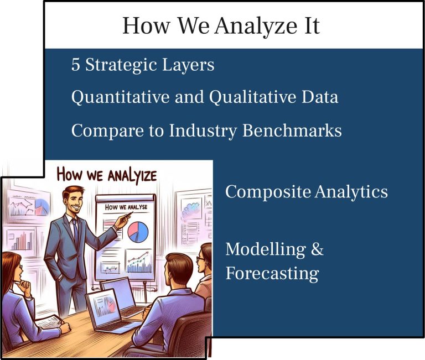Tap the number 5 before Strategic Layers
point(76,65)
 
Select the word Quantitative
point(120,97)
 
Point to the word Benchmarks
point(292,131)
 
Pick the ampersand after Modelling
point(317,249)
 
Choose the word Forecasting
point(272,273)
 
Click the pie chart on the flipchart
point(138,232)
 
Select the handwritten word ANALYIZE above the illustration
point(132,176)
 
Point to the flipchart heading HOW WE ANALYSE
point(126,207)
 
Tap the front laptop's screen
point(105,304)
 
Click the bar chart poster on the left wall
point(22,239)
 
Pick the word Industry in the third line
point(203,131)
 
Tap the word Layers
point(188,65)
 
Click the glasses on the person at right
point(200,259)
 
